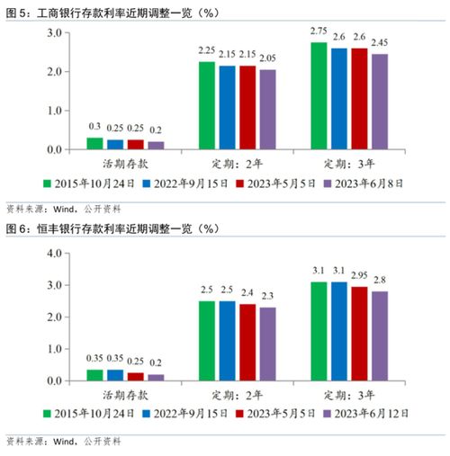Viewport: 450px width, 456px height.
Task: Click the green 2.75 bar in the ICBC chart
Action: click(319, 96)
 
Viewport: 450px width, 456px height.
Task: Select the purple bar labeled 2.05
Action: click(268, 110)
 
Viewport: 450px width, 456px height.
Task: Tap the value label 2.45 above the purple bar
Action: click(380, 43)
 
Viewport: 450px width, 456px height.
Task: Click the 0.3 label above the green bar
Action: click(94, 127)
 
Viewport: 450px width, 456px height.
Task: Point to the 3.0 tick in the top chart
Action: click(54, 33)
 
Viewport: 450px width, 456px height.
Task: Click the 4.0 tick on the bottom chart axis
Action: click(54, 254)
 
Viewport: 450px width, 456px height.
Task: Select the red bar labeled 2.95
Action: click(359, 334)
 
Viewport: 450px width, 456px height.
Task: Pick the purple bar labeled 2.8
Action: click(380, 336)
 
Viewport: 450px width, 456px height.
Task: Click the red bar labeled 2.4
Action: click(247, 343)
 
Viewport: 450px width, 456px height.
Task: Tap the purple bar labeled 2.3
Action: click(268, 344)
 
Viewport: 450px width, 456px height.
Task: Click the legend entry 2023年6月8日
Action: click(364, 183)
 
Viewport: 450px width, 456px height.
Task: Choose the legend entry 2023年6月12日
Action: click(366, 414)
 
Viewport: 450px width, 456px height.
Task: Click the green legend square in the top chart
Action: click(47, 183)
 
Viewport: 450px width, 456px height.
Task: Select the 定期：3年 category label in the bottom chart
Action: click(349, 396)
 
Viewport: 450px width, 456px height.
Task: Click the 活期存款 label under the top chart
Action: click(125, 164)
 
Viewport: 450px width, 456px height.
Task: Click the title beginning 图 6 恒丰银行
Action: click(112, 229)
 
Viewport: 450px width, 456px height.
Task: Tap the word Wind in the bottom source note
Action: click(64, 441)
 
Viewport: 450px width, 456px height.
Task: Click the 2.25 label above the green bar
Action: click(207, 50)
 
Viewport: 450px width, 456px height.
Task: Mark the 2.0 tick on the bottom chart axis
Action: click(54, 317)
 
